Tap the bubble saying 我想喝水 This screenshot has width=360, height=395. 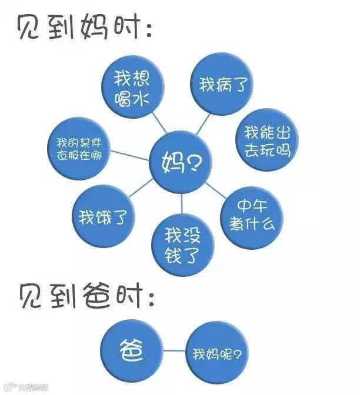131,85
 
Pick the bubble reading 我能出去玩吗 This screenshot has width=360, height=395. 267,139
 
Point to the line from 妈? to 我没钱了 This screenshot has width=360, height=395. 182,203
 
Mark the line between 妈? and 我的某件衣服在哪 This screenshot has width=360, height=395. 131,155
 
